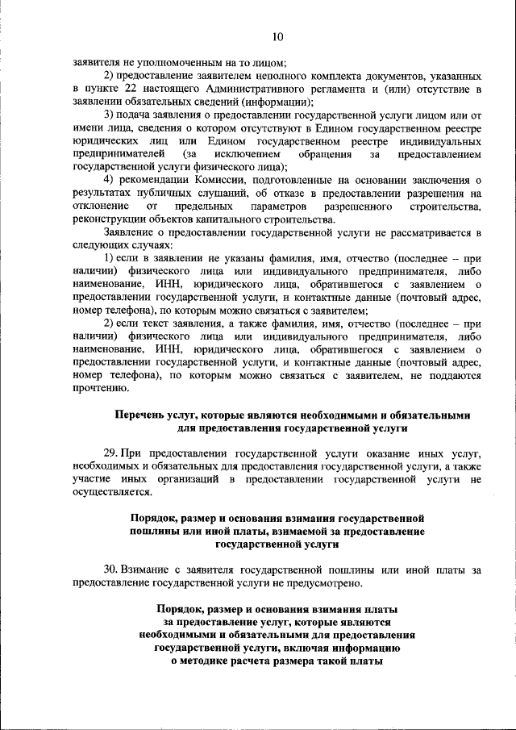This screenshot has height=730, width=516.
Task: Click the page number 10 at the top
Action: click(277, 36)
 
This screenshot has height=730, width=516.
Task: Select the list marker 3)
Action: click(110, 115)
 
